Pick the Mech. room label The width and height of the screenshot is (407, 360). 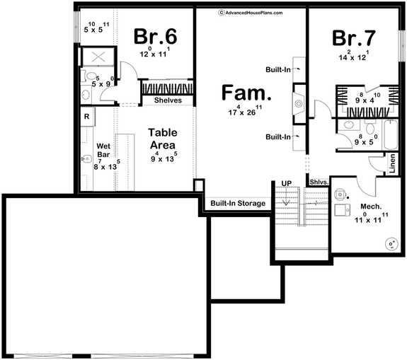(x=371, y=207)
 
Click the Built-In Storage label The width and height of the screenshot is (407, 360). (x=238, y=204)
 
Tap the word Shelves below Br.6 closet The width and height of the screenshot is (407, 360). (x=168, y=100)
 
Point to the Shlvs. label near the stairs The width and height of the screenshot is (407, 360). (x=319, y=182)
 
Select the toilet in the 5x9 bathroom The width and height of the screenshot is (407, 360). (x=85, y=76)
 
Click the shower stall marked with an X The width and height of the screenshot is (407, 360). (x=93, y=57)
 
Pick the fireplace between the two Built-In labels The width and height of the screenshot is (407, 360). (x=299, y=103)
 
